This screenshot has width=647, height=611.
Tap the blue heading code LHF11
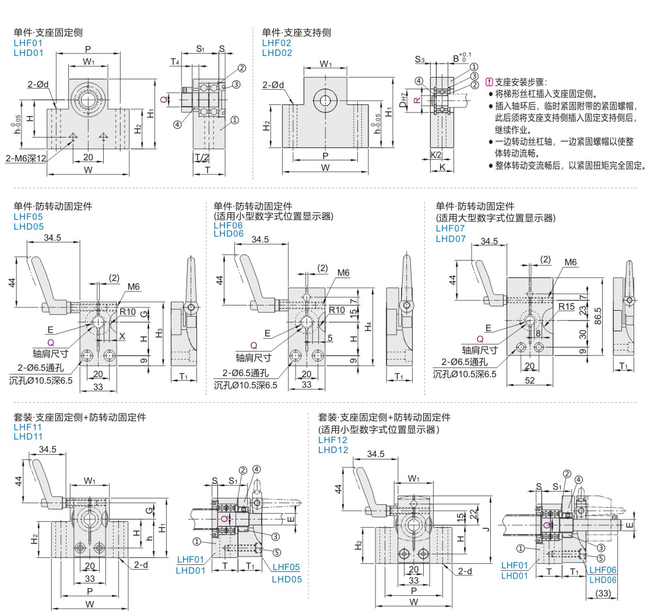(x=28, y=427)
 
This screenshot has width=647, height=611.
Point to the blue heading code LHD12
(x=333, y=450)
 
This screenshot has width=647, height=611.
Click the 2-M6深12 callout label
(x=26, y=159)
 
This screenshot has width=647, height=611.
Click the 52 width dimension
(x=529, y=380)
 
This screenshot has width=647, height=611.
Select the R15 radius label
(x=567, y=306)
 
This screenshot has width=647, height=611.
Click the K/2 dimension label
(x=436, y=154)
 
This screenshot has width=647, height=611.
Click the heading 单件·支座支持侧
(x=296, y=33)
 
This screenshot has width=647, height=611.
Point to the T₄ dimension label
(x=174, y=62)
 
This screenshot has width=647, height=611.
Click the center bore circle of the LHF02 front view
(x=325, y=100)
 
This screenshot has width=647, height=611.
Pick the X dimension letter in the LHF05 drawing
(x=122, y=336)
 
